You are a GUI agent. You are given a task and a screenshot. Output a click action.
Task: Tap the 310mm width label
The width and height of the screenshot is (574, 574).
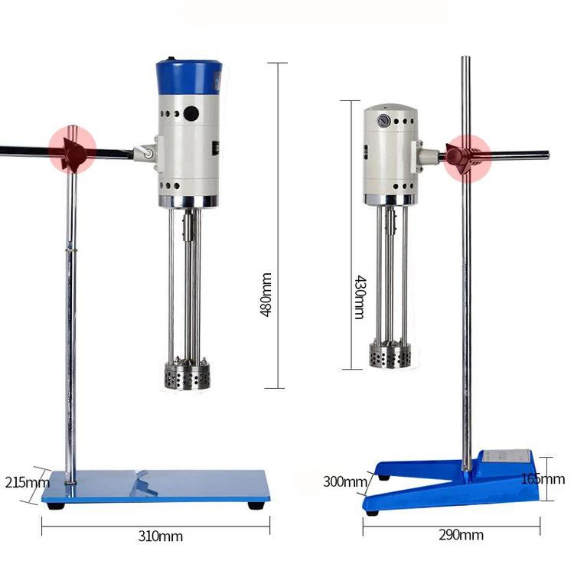pyautogui.click(x=161, y=536)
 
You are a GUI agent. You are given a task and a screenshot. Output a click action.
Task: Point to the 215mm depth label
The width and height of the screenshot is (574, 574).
pyautogui.click(x=26, y=482)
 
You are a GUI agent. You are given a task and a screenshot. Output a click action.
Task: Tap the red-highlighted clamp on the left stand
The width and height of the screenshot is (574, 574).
pyautogui.click(x=73, y=150)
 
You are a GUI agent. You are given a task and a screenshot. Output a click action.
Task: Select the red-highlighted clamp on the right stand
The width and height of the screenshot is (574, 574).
pyautogui.click(x=464, y=155)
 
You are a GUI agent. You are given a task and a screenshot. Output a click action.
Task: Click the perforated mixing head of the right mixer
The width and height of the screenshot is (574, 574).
pyautogui.click(x=390, y=355)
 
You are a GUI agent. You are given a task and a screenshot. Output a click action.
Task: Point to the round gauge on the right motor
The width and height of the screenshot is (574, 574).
pyautogui.click(x=379, y=120)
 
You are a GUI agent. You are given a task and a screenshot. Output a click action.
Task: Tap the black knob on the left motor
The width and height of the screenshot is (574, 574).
pyautogui.click(x=190, y=114)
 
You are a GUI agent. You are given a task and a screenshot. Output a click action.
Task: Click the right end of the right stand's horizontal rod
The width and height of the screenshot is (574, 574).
pyautogui.click(x=546, y=155)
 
